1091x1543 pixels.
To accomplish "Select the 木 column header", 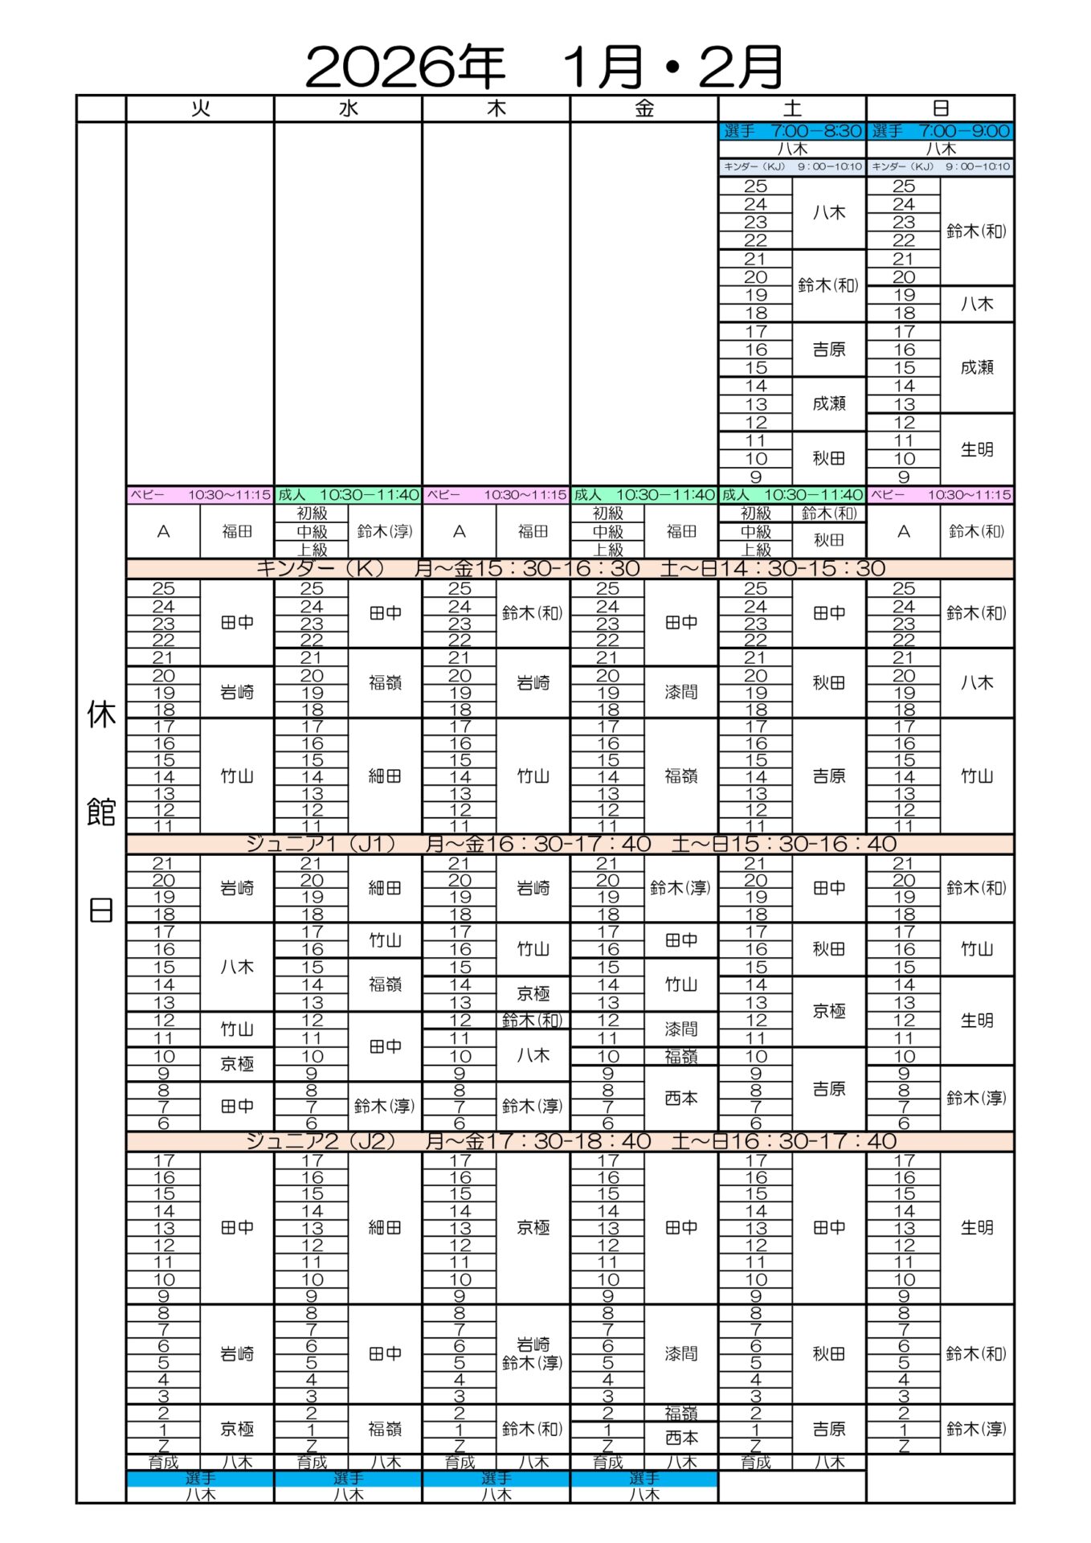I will click(496, 108).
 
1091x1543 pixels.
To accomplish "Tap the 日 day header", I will click(940, 108).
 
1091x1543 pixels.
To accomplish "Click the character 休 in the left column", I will click(101, 714).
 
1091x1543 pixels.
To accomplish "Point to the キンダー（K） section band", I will click(570, 569).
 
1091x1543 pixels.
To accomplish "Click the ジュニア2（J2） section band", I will click(570, 1141).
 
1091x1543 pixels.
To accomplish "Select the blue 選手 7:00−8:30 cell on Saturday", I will click(791, 131).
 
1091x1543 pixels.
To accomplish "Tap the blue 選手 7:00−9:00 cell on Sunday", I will click(940, 131).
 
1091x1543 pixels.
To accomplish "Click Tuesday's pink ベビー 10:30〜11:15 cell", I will click(200, 495).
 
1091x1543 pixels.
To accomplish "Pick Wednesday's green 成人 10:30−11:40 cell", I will click(348, 495).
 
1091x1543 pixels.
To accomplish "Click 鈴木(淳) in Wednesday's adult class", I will click(385, 531).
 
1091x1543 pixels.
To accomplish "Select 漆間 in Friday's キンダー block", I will click(680, 692).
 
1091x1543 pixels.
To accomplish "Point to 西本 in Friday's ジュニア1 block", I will click(680, 1098).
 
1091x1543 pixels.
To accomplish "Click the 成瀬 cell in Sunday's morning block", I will click(977, 367).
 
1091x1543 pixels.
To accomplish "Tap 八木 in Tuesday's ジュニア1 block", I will click(237, 967).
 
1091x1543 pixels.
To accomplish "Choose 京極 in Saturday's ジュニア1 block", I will click(829, 1011).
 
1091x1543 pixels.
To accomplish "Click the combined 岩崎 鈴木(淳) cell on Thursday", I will click(533, 1353).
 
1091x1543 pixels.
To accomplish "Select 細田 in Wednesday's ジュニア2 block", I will click(385, 1227).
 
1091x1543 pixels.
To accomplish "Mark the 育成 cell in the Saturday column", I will click(755, 1463).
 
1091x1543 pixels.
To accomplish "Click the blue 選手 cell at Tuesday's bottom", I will click(200, 1478).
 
